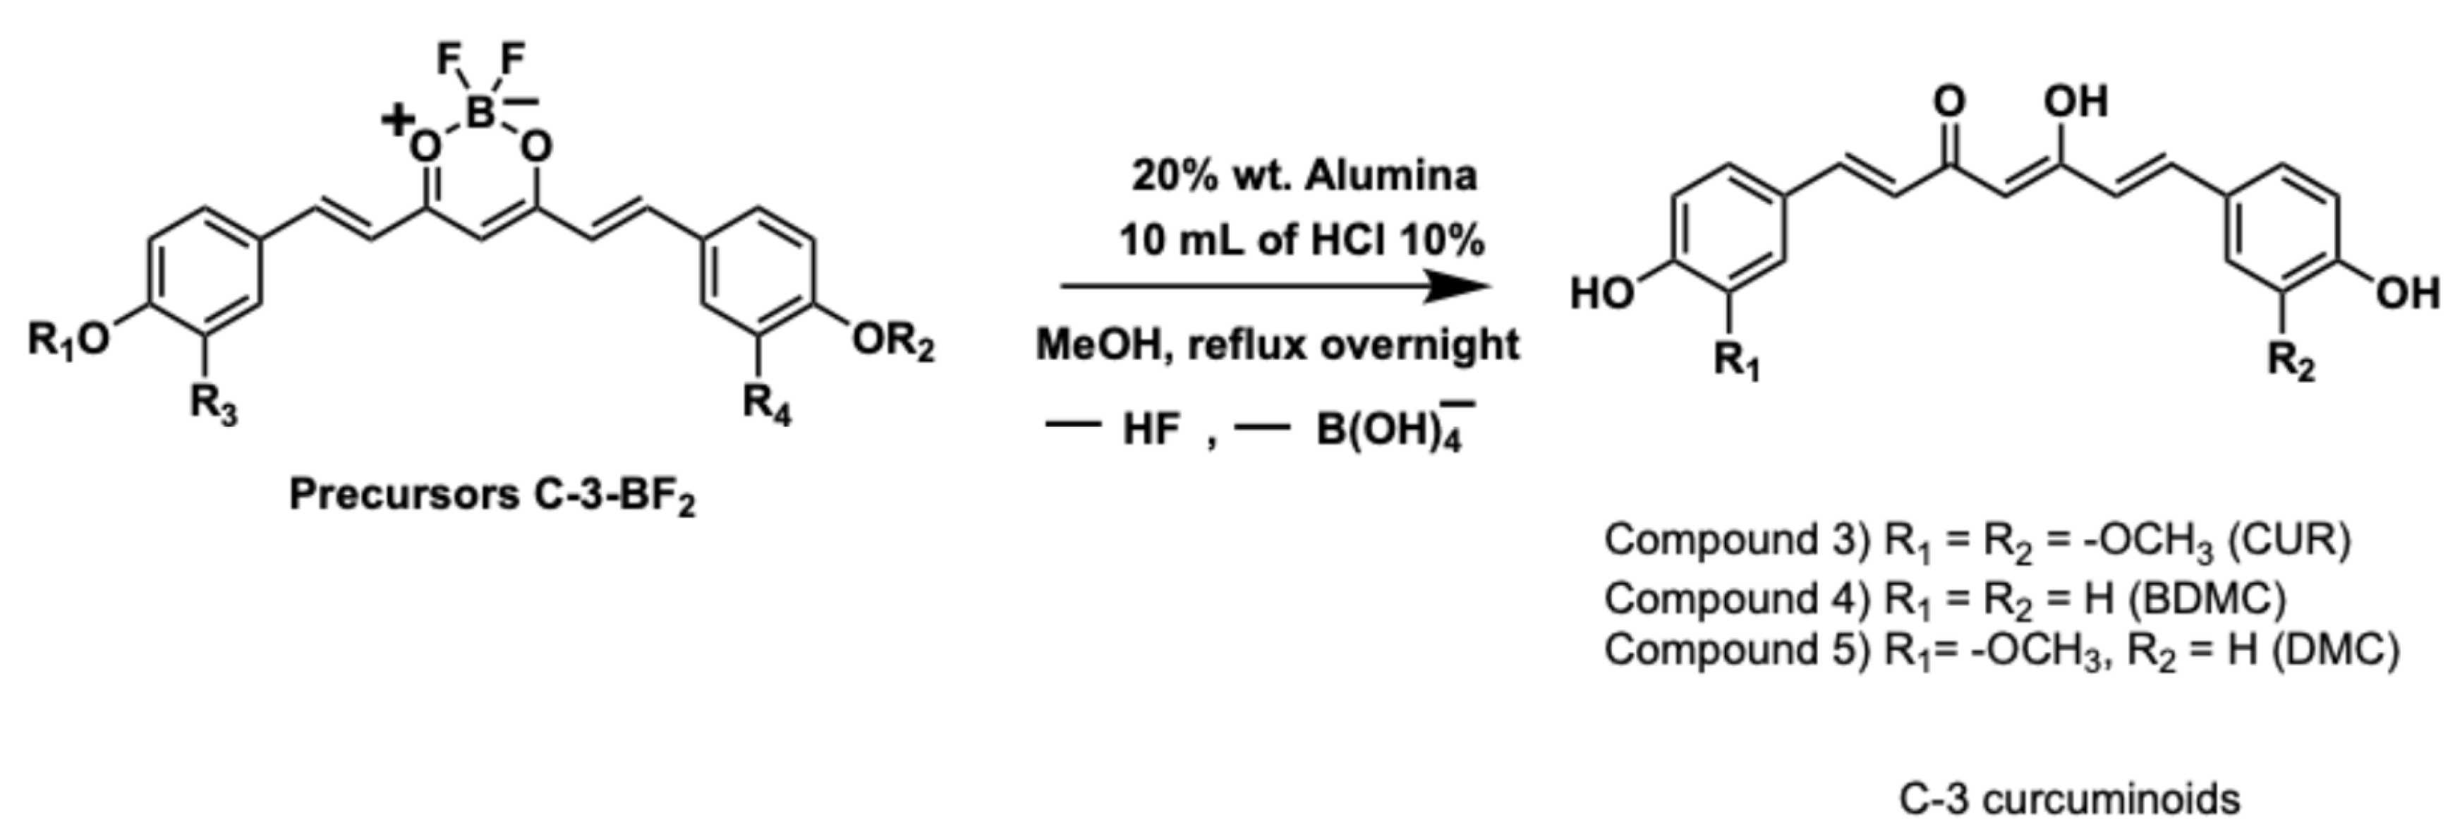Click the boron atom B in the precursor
(x=480, y=112)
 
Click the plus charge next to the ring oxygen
(x=396, y=120)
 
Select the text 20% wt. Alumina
(x=1304, y=175)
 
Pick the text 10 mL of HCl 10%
(x=1302, y=240)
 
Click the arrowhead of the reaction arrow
(x=1458, y=285)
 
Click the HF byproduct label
(x=1151, y=430)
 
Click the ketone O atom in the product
(x=1950, y=102)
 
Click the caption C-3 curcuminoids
(x=2069, y=799)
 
